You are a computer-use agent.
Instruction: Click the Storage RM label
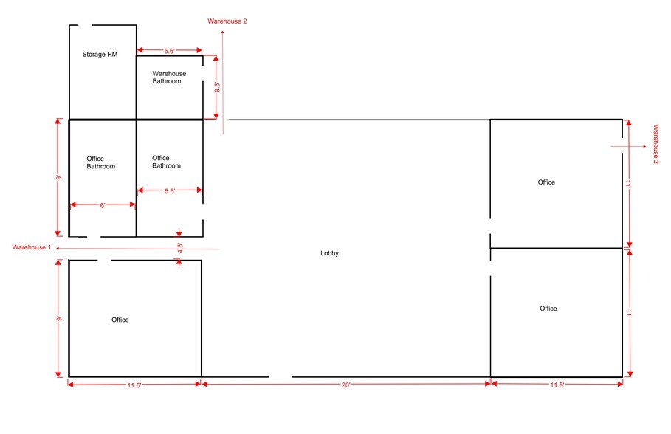click(100, 55)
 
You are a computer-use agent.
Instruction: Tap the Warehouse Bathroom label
click(169, 77)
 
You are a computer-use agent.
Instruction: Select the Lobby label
click(329, 253)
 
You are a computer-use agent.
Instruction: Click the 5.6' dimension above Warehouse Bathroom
click(170, 51)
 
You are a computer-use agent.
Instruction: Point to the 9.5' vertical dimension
click(217, 87)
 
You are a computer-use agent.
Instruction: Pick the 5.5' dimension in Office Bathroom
click(170, 191)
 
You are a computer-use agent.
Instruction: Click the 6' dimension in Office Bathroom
click(103, 205)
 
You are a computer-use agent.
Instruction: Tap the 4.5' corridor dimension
click(180, 248)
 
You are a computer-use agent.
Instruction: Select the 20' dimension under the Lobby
click(345, 385)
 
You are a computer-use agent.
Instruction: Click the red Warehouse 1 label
click(32, 247)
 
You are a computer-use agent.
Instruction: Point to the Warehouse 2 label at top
click(227, 21)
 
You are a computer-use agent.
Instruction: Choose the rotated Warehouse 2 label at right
click(656, 144)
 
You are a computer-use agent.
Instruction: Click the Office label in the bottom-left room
click(120, 320)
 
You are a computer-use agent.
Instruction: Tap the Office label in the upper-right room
click(546, 182)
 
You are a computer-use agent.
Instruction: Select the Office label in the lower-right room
click(548, 309)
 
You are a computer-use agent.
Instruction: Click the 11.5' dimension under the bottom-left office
click(134, 385)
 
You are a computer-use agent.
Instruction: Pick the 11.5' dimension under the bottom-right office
click(557, 385)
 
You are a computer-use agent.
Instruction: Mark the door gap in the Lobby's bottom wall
click(281, 377)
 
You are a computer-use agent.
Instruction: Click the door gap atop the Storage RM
click(85, 25)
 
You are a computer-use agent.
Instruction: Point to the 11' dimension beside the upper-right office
click(628, 184)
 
